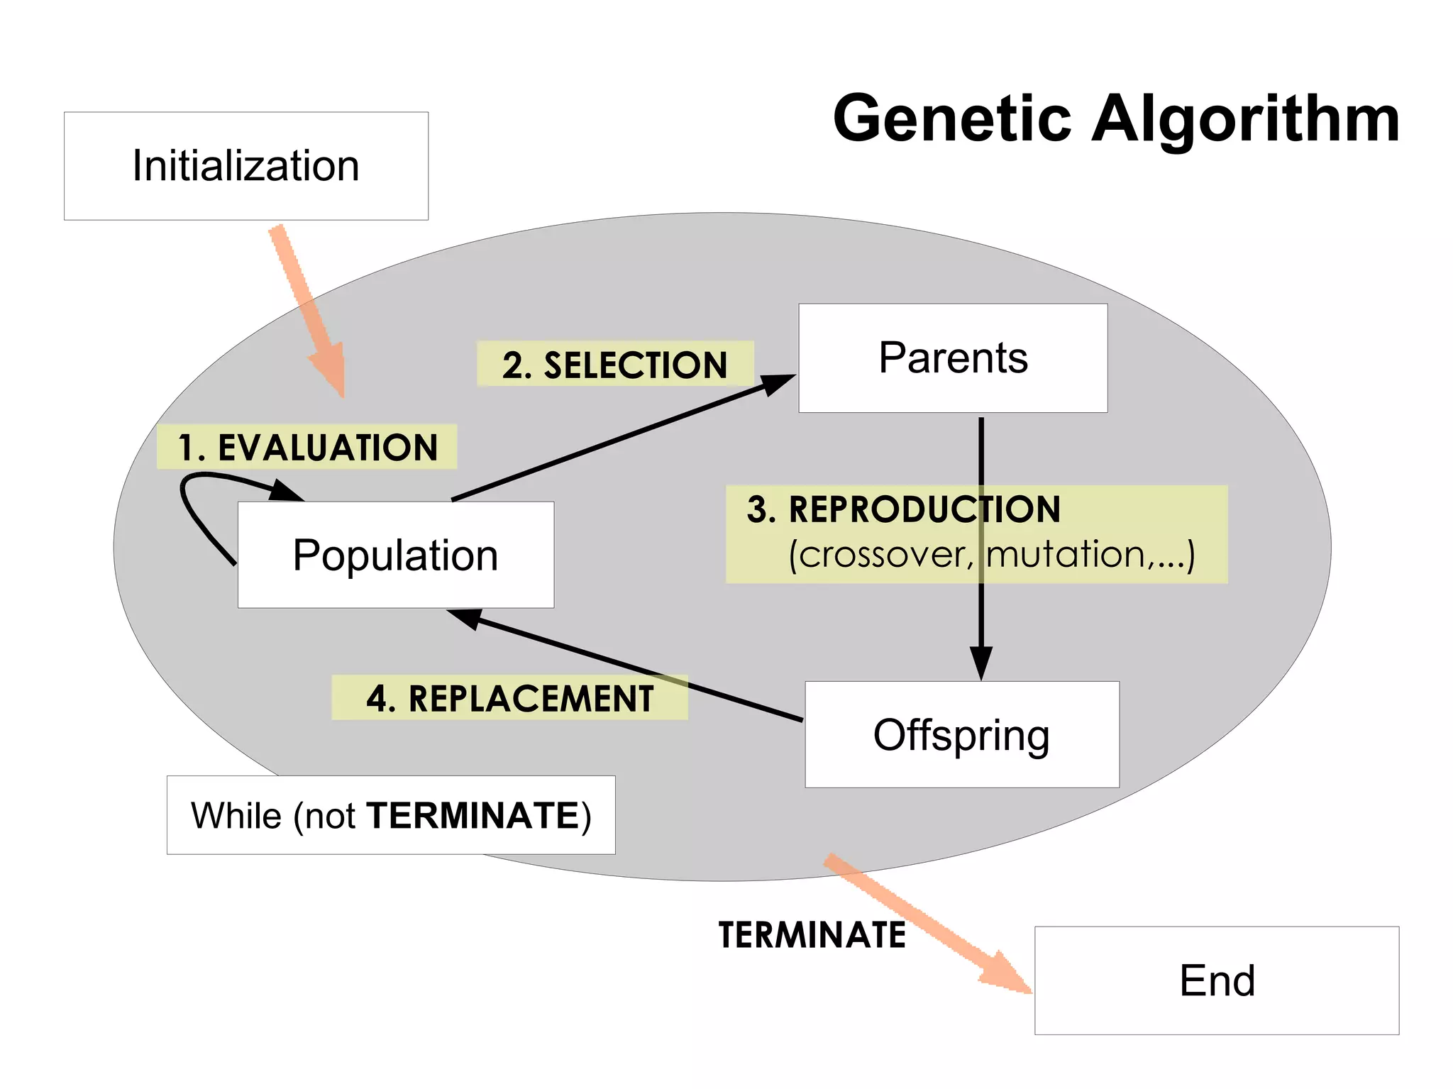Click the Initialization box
click(245, 166)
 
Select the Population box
click(395, 555)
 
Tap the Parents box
click(953, 358)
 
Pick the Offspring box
click(961, 735)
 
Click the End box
click(1216, 980)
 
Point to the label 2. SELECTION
click(614, 365)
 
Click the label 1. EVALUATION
click(307, 448)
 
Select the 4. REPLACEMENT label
click(509, 698)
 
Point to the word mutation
click(1065, 555)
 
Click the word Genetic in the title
click(951, 118)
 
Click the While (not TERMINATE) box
click(391, 815)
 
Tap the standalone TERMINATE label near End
click(812, 934)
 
